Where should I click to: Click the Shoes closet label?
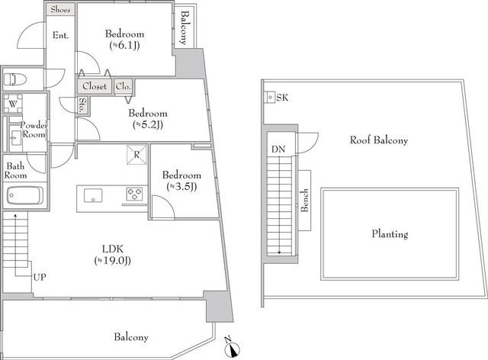click(x=60, y=11)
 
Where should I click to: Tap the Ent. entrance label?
click(x=60, y=35)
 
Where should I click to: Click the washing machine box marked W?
click(x=12, y=104)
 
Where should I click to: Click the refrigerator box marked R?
click(x=136, y=153)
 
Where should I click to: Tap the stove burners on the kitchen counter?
click(x=134, y=192)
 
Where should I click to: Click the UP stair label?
click(x=39, y=276)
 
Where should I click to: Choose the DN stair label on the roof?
click(x=278, y=149)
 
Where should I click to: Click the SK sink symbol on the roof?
click(x=271, y=98)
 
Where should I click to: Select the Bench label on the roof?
click(x=303, y=200)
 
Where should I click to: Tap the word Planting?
click(x=389, y=234)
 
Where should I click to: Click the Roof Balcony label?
click(x=379, y=140)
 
